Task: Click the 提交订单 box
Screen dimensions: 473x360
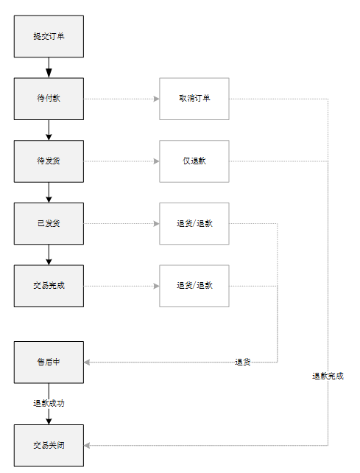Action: [49, 36]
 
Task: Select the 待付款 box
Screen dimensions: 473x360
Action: [49, 99]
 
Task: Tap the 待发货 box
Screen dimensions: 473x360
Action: [49, 161]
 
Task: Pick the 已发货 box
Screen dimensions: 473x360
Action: [49, 223]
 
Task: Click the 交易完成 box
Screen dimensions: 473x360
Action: [49, 286]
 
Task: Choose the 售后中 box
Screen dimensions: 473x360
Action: [49, 362]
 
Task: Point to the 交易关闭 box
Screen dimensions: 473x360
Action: [49, 445]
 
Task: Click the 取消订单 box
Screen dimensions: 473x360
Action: [194, 99]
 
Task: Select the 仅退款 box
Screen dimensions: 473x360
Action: [194, 161]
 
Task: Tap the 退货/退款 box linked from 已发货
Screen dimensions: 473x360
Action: [194, 223]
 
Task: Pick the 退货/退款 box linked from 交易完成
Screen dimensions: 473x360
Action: [194, 286]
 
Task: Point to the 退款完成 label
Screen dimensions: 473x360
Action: [328, 376]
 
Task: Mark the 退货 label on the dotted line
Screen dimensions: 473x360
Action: [243, 362]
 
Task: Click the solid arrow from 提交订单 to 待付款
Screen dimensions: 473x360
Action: [49, 67]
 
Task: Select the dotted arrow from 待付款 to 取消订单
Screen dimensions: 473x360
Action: [121, 99]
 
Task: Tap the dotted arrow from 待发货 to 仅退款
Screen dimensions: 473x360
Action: [121, 161]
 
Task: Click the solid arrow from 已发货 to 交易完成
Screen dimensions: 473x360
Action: [49, 254]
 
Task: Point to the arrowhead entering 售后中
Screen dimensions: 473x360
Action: [88, 362]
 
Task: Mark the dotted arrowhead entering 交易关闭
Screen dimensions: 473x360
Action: [88, 445]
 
